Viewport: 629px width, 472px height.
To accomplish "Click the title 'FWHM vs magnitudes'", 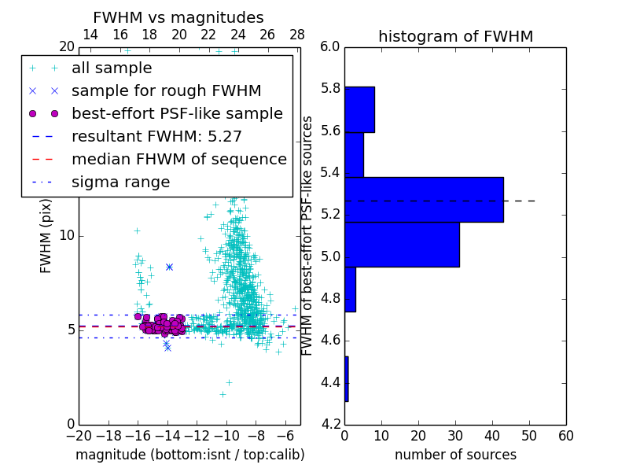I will pyautogui.click(x=178, y=17).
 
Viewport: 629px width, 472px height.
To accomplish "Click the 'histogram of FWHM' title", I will pyautogui.click(x=455, y=36).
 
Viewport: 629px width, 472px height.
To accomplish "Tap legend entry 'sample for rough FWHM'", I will pyautogui.click(x=166, y=90).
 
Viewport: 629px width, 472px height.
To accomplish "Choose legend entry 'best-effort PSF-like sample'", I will pyautogui.click(x=177, y=113).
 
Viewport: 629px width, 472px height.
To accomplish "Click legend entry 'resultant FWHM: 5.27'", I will pyautogui.click(x=156, y=136).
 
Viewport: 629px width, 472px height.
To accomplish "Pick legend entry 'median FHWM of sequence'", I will pyautogui.click(x=178, y=159).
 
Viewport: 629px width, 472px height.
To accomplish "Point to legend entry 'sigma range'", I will pyautogui.click(x=120, y=183).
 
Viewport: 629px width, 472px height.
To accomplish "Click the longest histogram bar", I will pyautogui.click(x=424, y=200).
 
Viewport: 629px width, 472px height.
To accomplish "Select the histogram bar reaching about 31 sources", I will pyautogui.click(x=402, y=245).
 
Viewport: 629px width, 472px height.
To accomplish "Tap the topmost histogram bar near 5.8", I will pyautogui.click(x=359, y=109).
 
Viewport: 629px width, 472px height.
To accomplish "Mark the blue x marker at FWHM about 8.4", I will pyautogui.click(x=169, y=267).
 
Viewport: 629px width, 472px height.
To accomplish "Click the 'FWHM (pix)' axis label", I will pyautogui.click(x=46, y=234).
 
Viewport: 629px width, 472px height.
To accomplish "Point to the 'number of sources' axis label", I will pyautogui.click(x=455, y=455).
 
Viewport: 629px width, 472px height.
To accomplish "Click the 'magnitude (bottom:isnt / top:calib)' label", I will pyautogui.click(x=189, y=455).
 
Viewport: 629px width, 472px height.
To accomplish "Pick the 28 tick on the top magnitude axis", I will pyautogui.click(x=297, y=35).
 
